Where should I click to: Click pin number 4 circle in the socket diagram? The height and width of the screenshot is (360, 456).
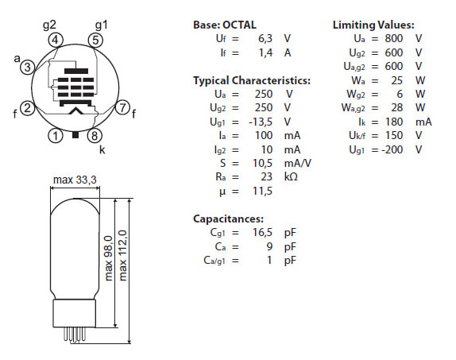click(56, 40)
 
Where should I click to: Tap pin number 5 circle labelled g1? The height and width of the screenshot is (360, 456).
click(95, 40)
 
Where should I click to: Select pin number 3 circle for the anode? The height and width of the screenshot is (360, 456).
click(27, 68)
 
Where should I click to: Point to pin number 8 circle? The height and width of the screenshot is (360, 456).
click(95, 136)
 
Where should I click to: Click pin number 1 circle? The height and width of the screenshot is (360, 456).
click(56, 136)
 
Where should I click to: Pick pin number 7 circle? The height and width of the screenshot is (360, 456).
click(122, 107)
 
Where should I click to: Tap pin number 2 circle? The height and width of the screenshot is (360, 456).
click(27, 108)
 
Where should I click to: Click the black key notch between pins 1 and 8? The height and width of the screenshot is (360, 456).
click(75, 135)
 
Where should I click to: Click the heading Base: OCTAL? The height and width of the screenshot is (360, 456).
click(225, 25)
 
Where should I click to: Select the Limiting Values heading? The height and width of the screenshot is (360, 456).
click(373, 25)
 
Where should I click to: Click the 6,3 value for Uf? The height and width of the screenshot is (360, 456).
click(265, 38)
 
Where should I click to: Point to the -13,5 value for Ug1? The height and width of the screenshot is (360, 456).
click(261, 122)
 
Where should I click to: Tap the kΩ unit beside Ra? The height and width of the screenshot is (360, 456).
click(291, 176)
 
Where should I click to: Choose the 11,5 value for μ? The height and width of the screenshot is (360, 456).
click(263, 192)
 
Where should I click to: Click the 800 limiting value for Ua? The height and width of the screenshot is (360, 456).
click(394, 38)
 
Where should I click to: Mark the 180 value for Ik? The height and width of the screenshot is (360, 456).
click(394, 122)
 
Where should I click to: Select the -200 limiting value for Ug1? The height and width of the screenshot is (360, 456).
click(392, 149)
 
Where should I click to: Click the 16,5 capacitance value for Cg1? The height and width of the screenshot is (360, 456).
click(263, 233)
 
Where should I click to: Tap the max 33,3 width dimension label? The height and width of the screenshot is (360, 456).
click(75, 180)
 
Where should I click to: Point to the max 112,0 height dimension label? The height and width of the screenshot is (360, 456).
click(122, 255)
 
